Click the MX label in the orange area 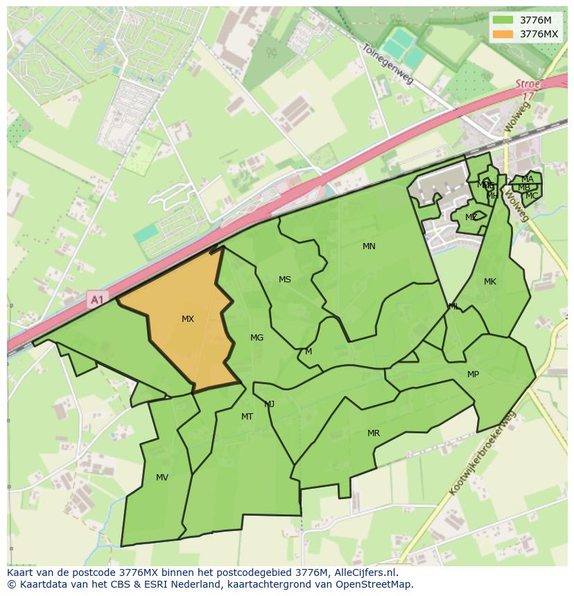click(187, 319)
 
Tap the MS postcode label click(285, 280)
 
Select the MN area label click(369, 246)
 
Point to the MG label click(256, 338)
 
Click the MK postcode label click(490, 282)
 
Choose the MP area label click(473, 374)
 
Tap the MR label click(374, 433)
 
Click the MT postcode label click(247, 417)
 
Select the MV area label click(162, 478)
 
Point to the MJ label click(269, 404)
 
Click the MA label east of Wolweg click(528, 179)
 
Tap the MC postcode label click(531, 196)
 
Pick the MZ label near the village click(471, 217)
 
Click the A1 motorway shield click(96, 300)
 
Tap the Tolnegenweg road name click(388, 64)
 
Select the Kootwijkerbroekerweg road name click(483, 453)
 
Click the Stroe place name click(528, 84)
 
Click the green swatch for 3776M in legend click(503, 20)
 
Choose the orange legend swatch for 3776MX click(503, 34)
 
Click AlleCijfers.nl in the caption click(363, 572)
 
